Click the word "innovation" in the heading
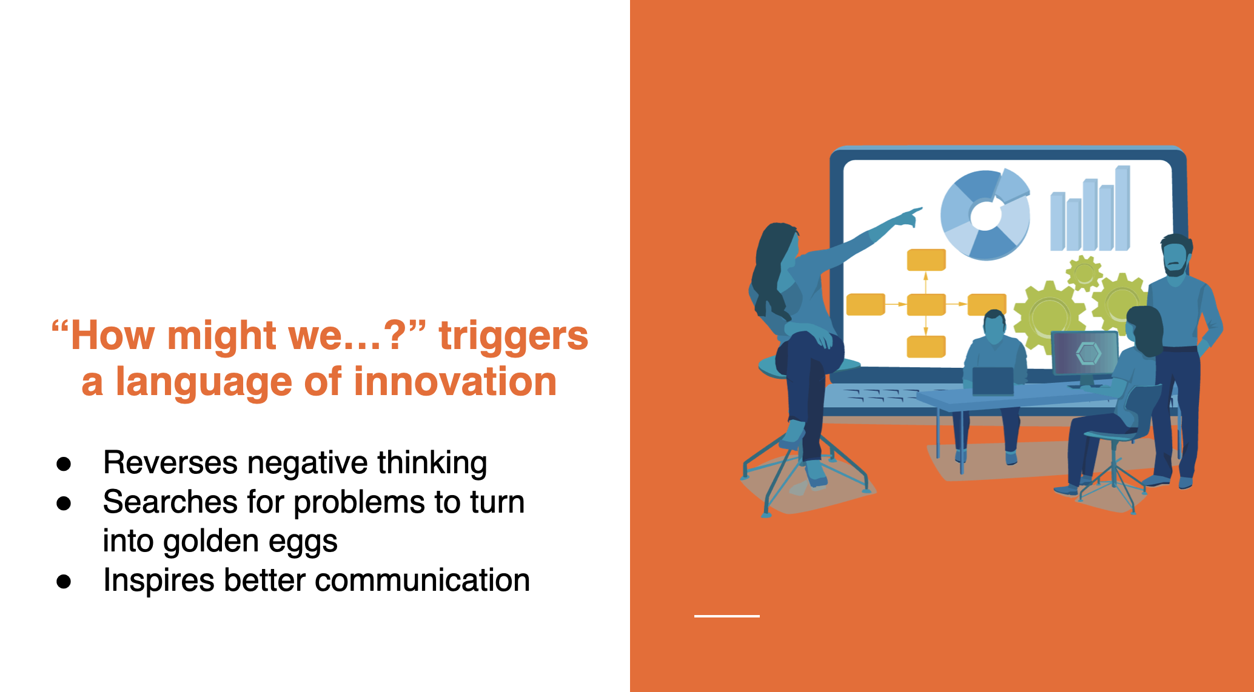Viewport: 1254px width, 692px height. click(x=455, y=382)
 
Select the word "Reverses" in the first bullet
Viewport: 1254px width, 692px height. click(x=170, y=463)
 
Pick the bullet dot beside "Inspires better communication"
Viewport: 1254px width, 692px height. click(x=64, y=582)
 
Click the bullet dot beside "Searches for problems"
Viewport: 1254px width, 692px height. click(x=64, y=504)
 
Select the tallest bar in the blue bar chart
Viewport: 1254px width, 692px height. click(x=1122, y=208)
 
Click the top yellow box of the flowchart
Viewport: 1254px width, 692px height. click(x=926, y=260)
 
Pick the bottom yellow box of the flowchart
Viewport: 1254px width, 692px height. click(x=926, y=347)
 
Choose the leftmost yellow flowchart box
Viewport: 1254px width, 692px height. click(x=865, y=304)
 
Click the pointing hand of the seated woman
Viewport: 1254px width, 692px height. click(x=910, y=216)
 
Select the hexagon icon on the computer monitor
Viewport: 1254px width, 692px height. click(x=1088, y=353)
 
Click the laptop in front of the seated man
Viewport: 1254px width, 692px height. click(x=993, y=381)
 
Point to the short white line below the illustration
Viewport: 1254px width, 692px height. click(x=726, y=616)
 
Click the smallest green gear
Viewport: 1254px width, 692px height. click(x=1084, y=273)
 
